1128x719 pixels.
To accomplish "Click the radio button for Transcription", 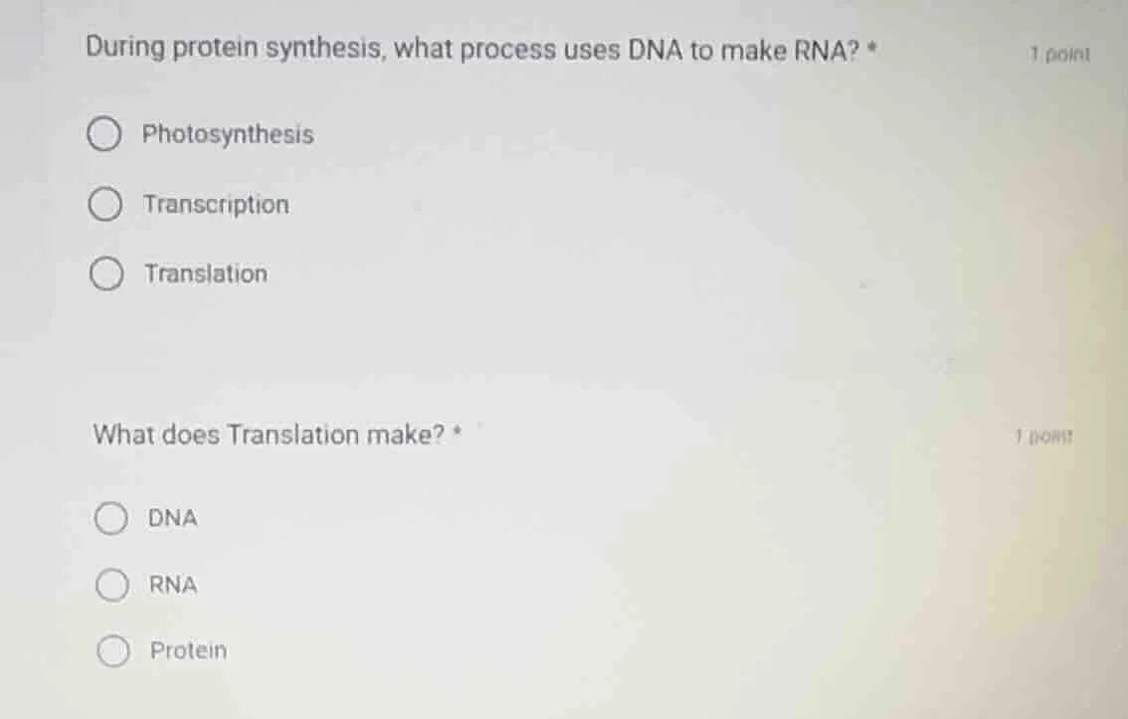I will tap(105, 205).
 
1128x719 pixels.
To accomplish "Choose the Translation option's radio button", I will tap(106, 274).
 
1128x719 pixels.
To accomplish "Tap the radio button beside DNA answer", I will tap(111, 518).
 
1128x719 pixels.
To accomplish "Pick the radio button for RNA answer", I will tap(111, 586).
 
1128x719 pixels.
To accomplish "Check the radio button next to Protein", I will tap(112, 651).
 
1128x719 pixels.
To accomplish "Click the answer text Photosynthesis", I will tap(228, 135).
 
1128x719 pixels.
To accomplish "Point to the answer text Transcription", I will tap(217, 205).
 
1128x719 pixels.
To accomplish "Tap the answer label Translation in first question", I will tap(206, 274).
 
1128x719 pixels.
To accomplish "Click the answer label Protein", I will tap(188, 651).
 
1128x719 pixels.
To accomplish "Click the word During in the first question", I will tap(125, 49).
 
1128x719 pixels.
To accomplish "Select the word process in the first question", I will tap(510, 50).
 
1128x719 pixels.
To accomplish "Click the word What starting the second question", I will tap(123, 436).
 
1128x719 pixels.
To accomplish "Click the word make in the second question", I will tap(405, 436).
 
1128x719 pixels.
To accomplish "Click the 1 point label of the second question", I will tap(1043, 436).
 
